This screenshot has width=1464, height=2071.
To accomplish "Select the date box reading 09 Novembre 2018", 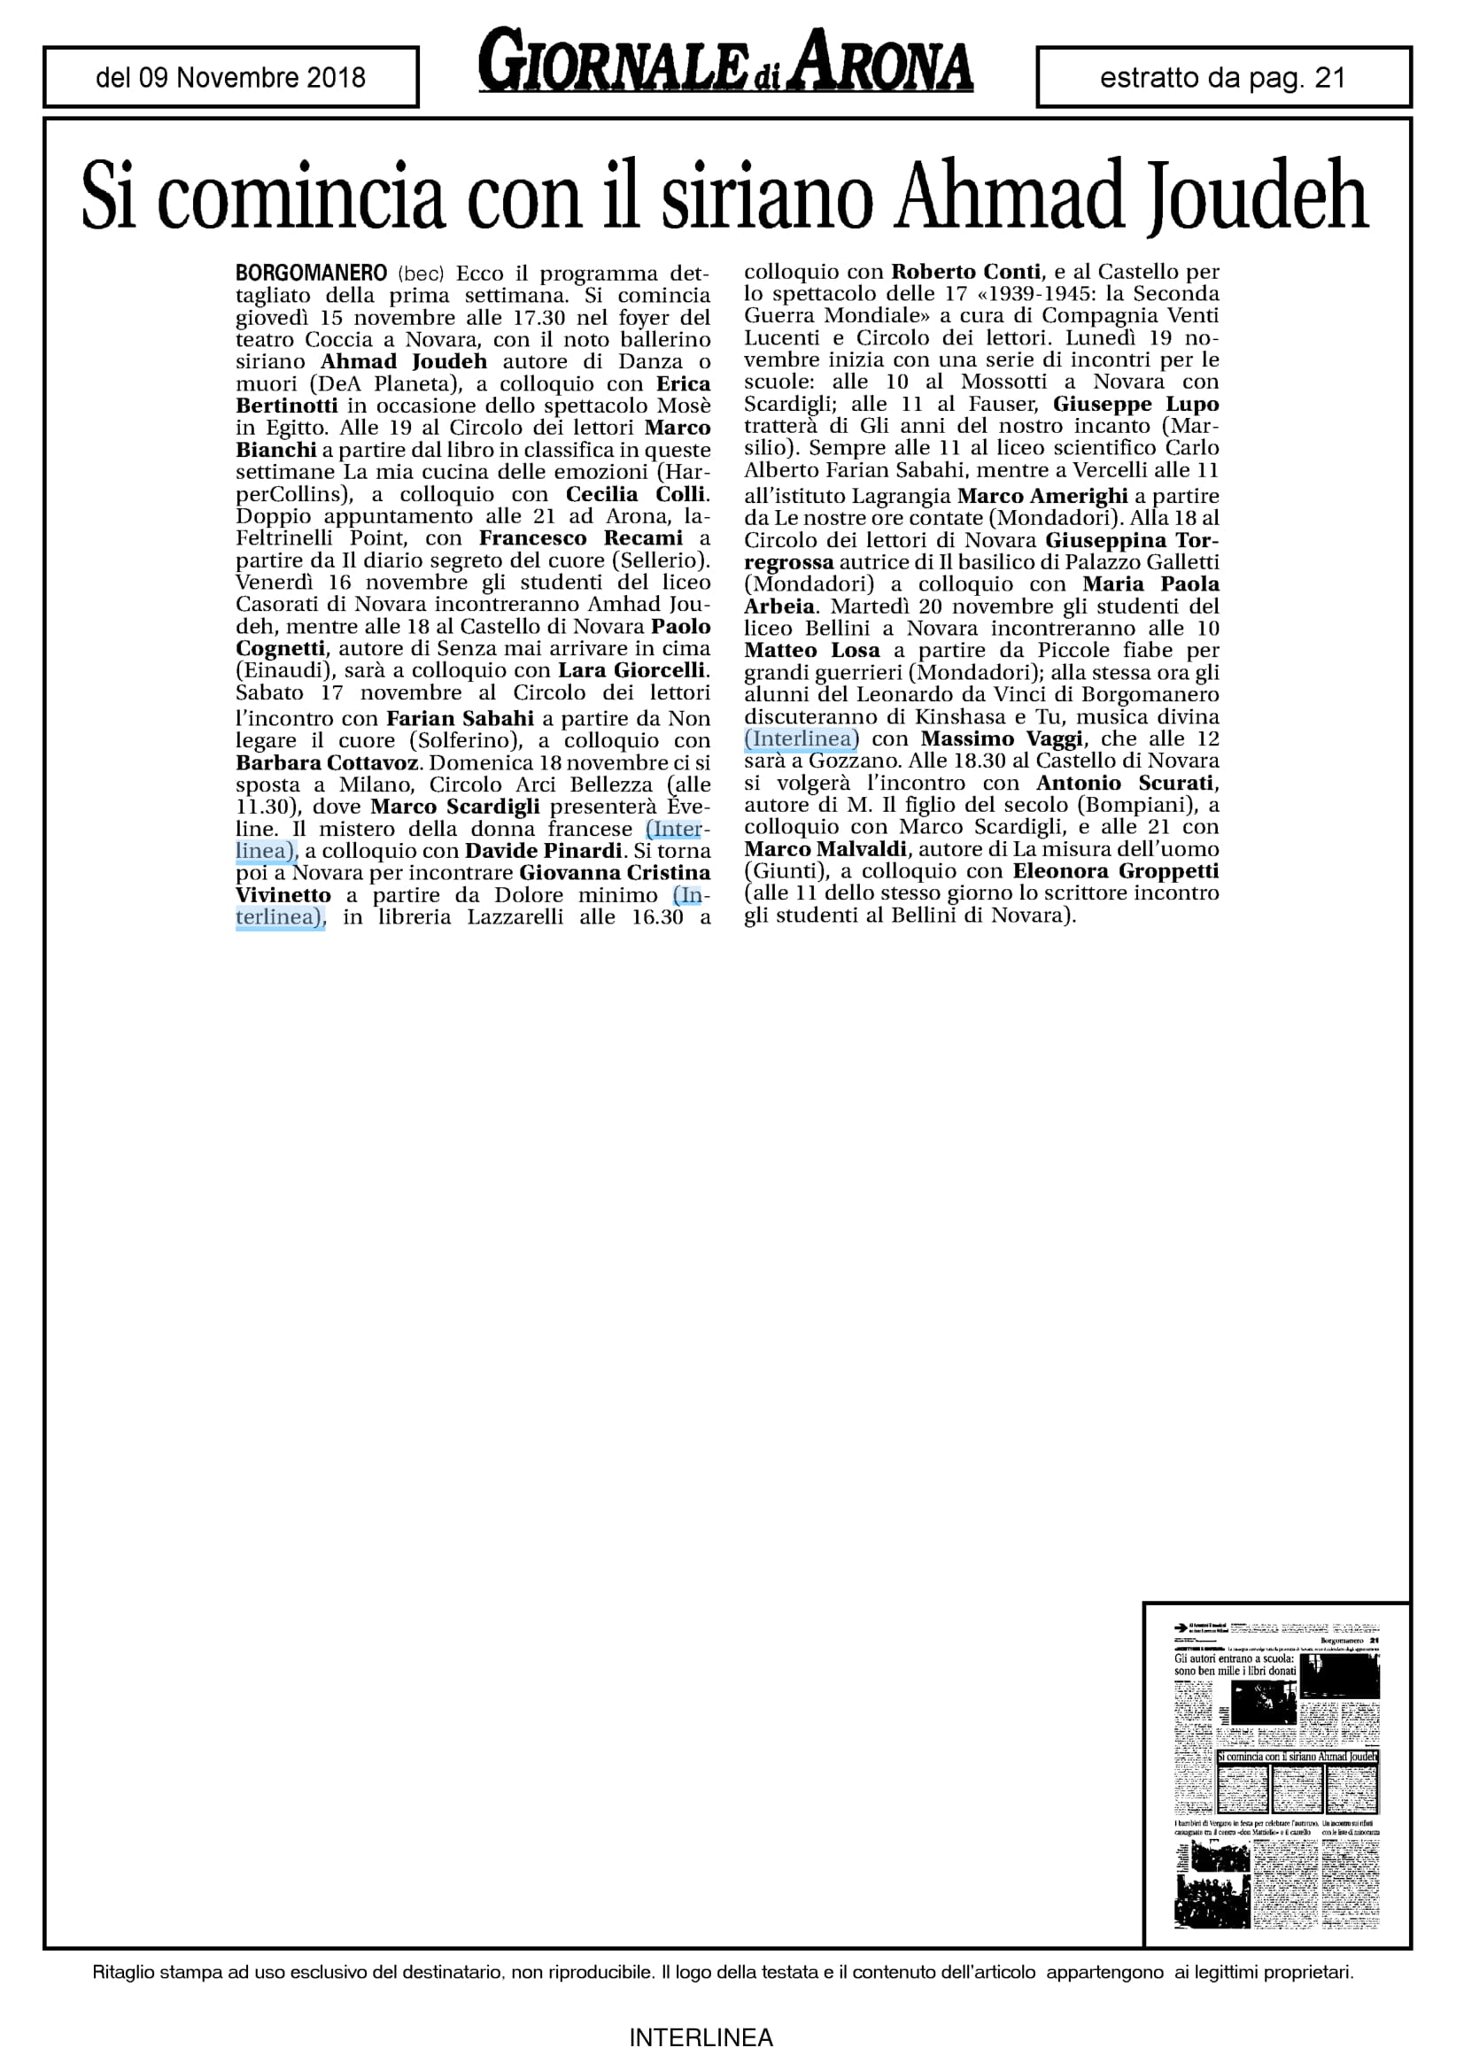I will [231, 78].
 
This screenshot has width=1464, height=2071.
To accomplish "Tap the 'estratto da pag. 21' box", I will [1223, 78].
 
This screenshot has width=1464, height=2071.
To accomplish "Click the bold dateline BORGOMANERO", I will [311, 274].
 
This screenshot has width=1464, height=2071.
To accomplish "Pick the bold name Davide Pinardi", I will [544, 851].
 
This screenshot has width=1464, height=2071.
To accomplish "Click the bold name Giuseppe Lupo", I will [1135, 404].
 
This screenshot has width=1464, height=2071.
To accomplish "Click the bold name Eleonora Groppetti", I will [1115, 871].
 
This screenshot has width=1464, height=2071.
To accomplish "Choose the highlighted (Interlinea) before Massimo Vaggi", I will [801, 738].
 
